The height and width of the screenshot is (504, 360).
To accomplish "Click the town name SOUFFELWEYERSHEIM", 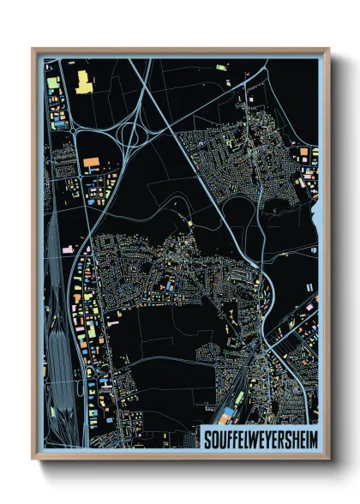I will [x=258, y=440].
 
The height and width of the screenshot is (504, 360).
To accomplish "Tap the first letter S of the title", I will [x=206, y=440].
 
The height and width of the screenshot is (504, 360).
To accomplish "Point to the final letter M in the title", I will [x=310, y=440].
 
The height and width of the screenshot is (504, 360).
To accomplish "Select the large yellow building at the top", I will [x=84, y=82].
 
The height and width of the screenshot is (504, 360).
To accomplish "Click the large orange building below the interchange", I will [x=91, y=160].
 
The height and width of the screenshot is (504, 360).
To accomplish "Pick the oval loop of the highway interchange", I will [x=132, y=134].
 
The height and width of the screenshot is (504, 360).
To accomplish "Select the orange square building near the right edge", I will [x=304, y=152].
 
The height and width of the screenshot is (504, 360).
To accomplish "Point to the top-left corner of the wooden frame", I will [x=33, y=50].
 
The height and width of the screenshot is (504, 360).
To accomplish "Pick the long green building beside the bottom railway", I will [x=239, y=398].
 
